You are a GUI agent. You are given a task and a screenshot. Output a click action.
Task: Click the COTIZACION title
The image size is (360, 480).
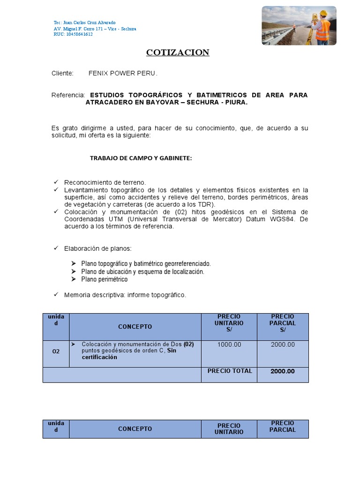coord(178,52)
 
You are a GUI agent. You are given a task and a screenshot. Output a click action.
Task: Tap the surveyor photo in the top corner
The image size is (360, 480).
coord(299,26)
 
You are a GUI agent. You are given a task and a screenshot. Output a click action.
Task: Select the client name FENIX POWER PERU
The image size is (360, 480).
coord(123,74)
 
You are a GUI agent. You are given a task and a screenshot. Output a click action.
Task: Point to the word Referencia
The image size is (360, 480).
coord(68,95)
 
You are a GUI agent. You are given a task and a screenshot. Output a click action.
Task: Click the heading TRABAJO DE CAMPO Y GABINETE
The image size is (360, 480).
coord(141,158)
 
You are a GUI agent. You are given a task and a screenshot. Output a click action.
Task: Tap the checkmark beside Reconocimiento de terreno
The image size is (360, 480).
coord(56,182)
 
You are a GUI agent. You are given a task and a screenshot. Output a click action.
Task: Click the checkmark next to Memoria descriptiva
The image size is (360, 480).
coord(56,294)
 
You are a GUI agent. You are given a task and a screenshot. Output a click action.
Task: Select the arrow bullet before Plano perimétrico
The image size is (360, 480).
coord(74,279)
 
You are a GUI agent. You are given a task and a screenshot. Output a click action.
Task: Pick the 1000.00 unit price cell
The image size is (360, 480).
coord(229,345)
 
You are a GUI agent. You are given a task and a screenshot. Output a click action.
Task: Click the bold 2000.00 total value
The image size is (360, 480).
coord(283,371)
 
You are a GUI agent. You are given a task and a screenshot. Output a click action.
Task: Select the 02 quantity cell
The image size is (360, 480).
coord(56,351)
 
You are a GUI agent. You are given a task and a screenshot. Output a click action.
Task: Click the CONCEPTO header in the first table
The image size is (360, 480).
coord(135,327)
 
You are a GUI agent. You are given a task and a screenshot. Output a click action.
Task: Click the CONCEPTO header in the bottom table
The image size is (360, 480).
coord(135,429)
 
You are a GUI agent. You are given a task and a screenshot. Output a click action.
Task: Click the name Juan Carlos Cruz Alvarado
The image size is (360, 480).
coord(88,22)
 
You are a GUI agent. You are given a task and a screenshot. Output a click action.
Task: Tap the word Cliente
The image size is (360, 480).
coord(62,74)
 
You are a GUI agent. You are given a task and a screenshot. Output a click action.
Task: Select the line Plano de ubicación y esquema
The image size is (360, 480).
coord(142,271)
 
